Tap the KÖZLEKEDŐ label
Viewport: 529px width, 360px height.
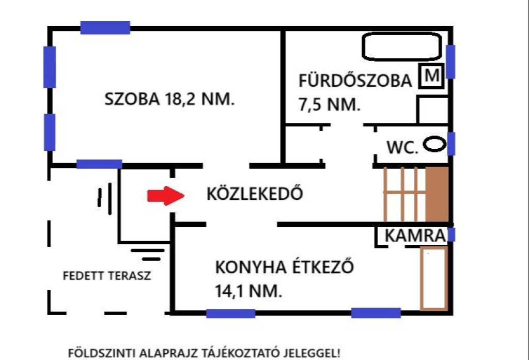pos(254,194)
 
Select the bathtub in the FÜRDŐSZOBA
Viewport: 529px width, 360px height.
pos(402,47)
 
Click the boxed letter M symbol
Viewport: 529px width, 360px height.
pos(431,76)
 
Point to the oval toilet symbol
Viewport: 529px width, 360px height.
pos(434,144)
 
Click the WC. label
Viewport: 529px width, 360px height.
pos(402,147)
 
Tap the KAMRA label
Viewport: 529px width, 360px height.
pos(415,236)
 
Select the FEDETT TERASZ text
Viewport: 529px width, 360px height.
pos(107,275)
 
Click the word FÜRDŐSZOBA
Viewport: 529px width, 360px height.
pos(355,81)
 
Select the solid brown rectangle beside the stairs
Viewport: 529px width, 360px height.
pos(437,195)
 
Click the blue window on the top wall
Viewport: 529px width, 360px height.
pos(105,27)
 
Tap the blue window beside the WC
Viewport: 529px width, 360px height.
pos(451,144)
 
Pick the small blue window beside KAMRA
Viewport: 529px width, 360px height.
pos(451,235)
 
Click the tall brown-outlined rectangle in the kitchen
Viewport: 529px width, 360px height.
pos(433,279)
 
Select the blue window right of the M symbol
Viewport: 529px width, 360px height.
pos(450,61)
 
